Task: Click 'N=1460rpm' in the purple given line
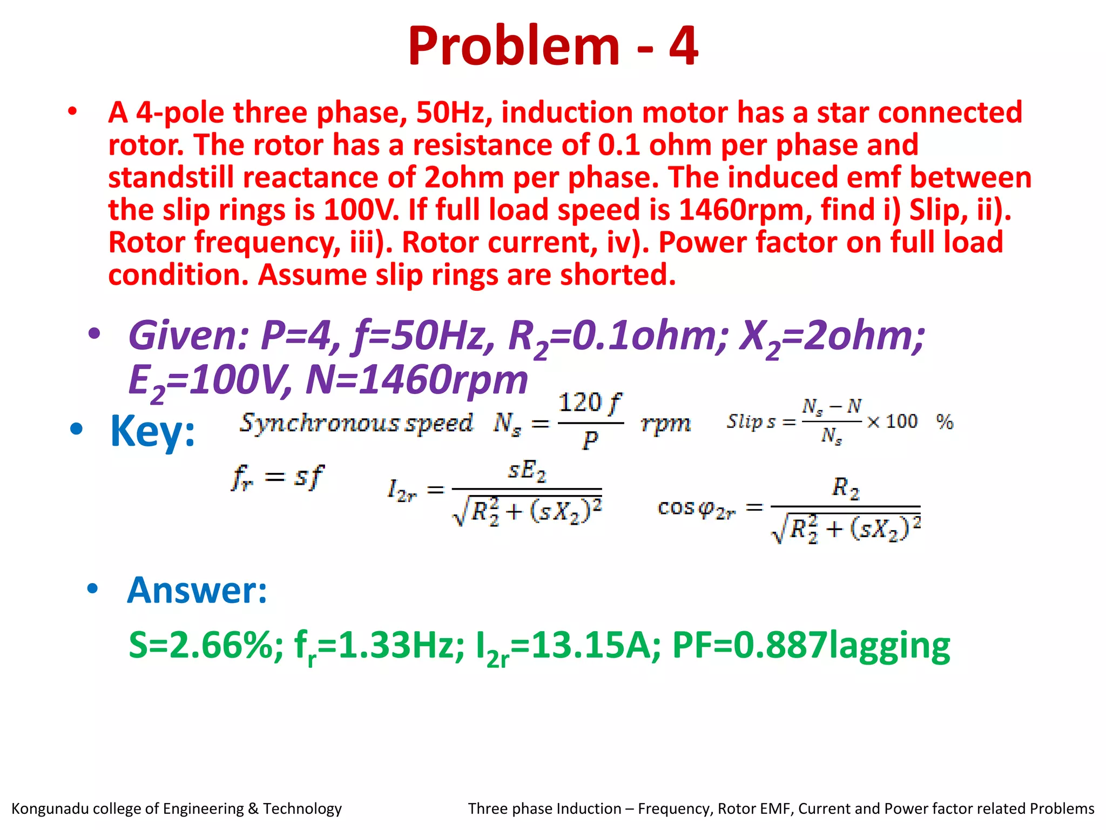(416, 379)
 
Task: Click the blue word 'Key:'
(152, 431)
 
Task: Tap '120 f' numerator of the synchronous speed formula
(589, 403)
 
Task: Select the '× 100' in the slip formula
(892, 421)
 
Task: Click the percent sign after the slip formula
(945, 421)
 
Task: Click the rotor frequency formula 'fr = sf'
(277, 477)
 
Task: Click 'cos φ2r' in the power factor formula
(696, 508)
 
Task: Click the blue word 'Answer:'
(197, 590)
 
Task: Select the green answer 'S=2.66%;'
(206, 645)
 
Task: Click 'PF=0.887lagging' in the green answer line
(811, 645)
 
